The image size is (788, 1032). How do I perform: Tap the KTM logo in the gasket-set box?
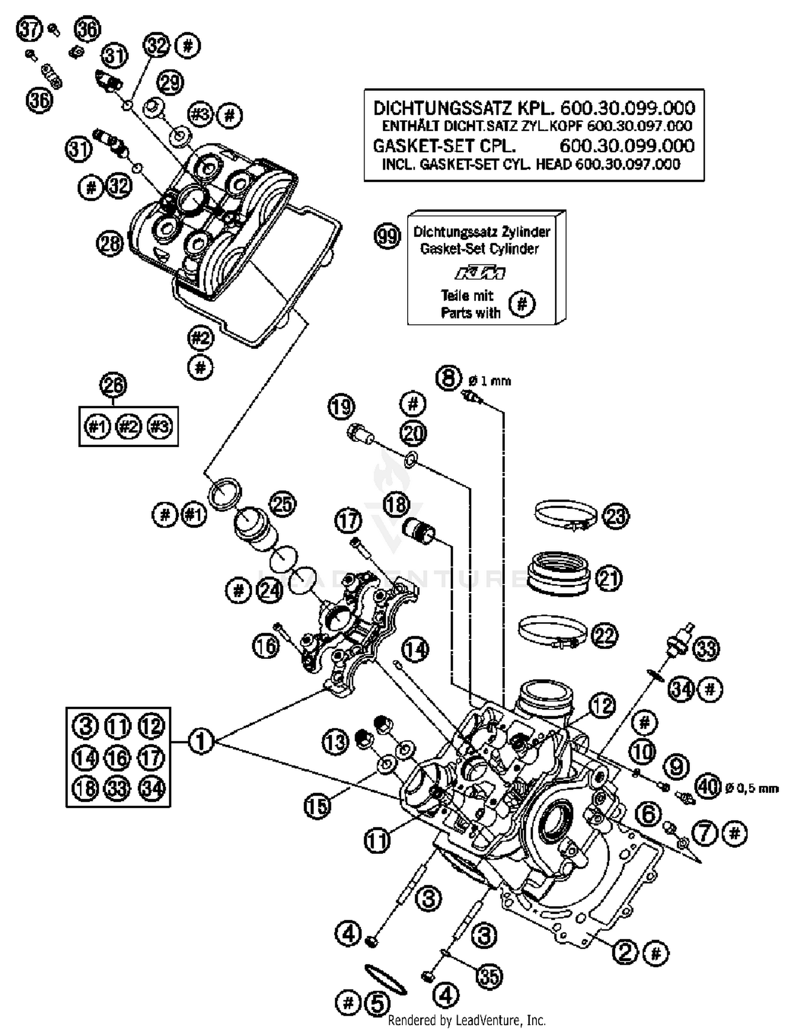pos(480,273)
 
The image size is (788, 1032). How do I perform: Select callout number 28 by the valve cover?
pos(110,244)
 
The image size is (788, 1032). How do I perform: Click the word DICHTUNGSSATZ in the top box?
pos(442,108)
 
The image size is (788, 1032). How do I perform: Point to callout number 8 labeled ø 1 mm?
pos(448,378)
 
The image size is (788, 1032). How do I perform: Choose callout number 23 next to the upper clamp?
pos(616,516)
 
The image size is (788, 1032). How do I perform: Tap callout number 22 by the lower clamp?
pos(604,636)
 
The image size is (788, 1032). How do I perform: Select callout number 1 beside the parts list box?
pos(200,741)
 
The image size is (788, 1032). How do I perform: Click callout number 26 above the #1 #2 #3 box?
pos(113,385)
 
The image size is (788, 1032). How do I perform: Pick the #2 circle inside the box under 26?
pos(128,427)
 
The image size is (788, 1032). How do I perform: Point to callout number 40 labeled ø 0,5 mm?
pos(708,786)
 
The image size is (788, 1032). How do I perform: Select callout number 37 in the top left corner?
pos(29,29)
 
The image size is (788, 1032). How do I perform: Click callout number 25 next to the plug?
pos(282,505)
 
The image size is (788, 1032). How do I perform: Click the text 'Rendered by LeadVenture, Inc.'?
pos(466,1020)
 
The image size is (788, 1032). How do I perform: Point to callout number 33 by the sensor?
pos(706,648)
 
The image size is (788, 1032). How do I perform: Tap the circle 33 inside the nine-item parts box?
pos(118,788)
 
